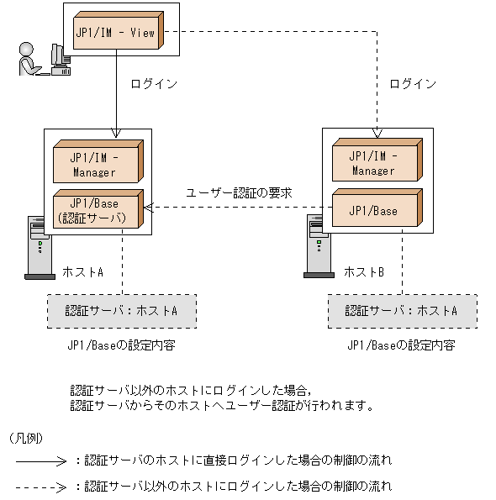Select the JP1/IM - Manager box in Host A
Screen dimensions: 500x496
coord(94,163)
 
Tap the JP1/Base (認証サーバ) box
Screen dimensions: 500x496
coord(94,209)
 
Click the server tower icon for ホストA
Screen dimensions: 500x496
coord(39,247)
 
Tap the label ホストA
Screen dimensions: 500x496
coord(82,273)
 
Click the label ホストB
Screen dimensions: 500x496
coord(363,273)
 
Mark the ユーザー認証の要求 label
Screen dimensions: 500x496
coord(239,193)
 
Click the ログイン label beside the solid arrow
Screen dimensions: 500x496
coord(154,84)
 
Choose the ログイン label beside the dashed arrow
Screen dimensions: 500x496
coord(414,84)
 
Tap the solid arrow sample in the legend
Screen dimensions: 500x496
coord(40,461)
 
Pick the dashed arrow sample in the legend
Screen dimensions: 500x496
coord(40,487)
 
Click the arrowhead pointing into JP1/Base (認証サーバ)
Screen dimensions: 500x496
coord(148,209)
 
